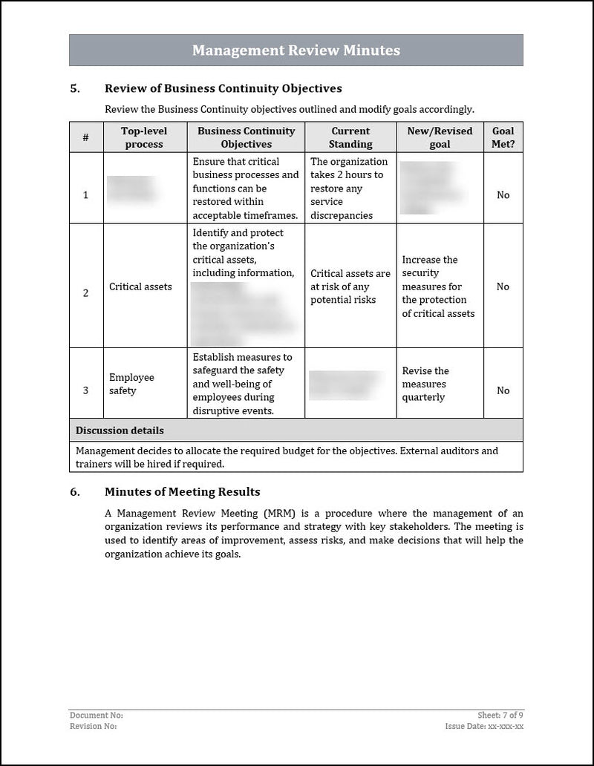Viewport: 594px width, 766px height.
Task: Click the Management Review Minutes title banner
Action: click(296, 50)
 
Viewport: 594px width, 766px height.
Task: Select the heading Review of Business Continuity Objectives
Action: click(223, 88)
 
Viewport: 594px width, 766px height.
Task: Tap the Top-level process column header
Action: click(144, 137)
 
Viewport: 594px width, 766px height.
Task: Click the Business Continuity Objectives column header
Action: click(246, 137)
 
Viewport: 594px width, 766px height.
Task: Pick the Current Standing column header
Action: click(350, 137)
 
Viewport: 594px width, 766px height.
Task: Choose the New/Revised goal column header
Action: click(440, 137)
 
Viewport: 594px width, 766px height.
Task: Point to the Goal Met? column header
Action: click(503, 137)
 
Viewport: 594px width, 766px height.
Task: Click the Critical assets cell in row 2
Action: click(140, 287)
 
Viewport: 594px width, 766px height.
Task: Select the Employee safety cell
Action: click(131, 384)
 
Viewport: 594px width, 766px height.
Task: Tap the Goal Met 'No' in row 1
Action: click(503, 195)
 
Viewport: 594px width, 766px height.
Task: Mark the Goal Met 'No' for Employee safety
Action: click(503, 390)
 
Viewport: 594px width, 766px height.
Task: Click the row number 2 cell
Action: click(85, 293)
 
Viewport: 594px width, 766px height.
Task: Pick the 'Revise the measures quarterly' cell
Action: click(425, 384)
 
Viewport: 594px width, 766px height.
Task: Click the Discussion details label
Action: click(120, 431)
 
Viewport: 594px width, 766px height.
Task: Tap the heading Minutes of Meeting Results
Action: click(182, 491)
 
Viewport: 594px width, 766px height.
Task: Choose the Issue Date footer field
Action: click(484, 726)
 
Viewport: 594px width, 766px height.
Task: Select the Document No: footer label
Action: click(96, 715)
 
